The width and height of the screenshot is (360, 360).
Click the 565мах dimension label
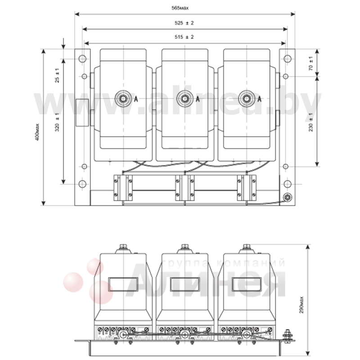click(180, 8)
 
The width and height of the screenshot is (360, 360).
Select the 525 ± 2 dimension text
click(184, 23)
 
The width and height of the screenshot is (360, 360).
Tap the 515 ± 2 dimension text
click(184, 37)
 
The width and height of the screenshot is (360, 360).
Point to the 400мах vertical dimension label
click(37, 132)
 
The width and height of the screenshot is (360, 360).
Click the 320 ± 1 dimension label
click(57, 122)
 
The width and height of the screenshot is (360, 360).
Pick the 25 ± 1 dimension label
click(57, 75)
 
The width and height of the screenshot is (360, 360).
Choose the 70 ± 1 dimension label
click(311, 63)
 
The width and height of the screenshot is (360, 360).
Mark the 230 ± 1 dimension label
click(311, 122)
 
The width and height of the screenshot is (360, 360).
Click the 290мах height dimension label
click(301, 305)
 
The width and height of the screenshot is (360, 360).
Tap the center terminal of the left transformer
click(123, 99)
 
